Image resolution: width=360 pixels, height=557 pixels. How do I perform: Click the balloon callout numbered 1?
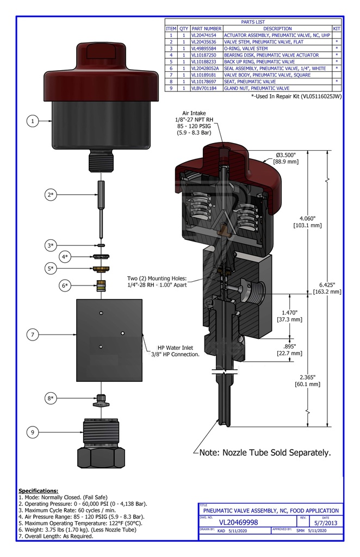point(33,121)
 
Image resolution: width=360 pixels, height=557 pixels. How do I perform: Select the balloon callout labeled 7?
point(33,335)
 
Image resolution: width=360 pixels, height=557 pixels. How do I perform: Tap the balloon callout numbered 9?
point(33,432)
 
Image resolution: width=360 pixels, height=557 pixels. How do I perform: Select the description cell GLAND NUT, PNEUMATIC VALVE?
point(256,88)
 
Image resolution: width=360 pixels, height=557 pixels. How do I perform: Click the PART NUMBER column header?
point(207,28)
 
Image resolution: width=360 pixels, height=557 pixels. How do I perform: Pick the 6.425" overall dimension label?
point(327,288)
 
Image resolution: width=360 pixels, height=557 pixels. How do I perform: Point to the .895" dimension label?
point(293,349)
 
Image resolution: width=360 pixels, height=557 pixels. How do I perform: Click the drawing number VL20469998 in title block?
point(239,522)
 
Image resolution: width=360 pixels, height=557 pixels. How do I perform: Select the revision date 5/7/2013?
point(326,523)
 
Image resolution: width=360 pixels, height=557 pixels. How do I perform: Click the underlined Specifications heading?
point(38,491)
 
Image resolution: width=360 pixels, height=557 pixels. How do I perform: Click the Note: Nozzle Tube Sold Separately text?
point(265,452)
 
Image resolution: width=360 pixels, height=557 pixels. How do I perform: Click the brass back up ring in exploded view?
point(101,269)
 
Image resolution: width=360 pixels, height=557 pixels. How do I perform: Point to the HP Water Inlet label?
point(175,351)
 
